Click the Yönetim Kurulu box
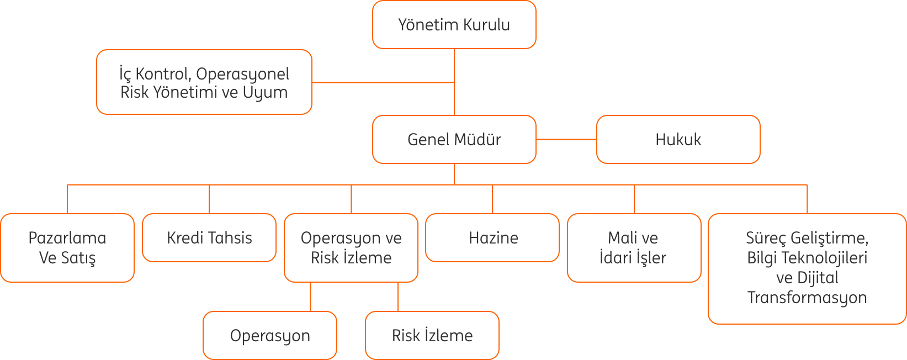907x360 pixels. pyautogui.click(x=454, y=25)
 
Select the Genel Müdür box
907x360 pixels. pyautogui.click(x=454, y=139)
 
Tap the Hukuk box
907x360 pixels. pyautogui.click(x=678, y=139)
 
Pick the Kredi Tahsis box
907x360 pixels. pyautogui.click(x=209, y=238)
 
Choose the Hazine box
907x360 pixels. pyautogui.click(x=492, y=238)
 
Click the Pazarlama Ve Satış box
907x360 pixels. pyautogui.click(x=67, y=248)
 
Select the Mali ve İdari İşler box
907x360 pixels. pyautogui.click(x=634, y=248)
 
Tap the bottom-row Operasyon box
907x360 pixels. pyautogui.click(x=270, y=335)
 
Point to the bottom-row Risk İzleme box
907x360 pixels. pyautogui.click(x=432, y=335)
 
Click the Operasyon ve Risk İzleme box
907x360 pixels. pyautogui.click(x=351, y=248)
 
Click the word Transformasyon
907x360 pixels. pyautogui.click(x=807, y=298)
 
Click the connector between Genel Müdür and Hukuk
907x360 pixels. pyautogui.click(x=566, y=139)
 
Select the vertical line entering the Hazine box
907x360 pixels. pyautogui.click(x=492, y=199)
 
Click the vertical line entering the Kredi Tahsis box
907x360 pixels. pyautogui.click(x=209, y=199)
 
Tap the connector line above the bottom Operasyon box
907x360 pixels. pyautogui.click(x=310, y=297)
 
